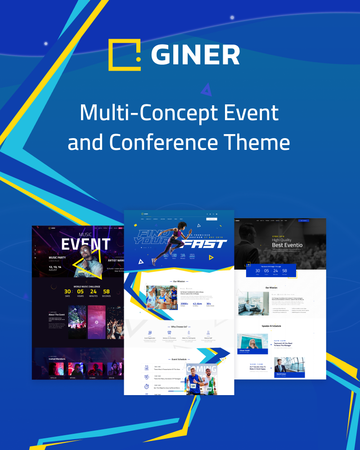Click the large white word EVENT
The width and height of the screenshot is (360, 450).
click(85, 244)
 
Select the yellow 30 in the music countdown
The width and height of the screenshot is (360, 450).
click(67, 292)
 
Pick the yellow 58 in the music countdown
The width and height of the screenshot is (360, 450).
click(106, 292)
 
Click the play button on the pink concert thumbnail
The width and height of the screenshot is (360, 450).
click(96, 322)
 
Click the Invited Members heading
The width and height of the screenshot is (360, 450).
click(57, 359)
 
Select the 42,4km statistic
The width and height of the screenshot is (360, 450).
click(197, 304)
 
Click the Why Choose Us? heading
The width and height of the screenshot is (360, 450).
click(179, 327)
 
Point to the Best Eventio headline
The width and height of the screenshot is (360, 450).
click(287, 245)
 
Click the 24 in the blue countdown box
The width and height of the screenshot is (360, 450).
click(275, 270)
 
